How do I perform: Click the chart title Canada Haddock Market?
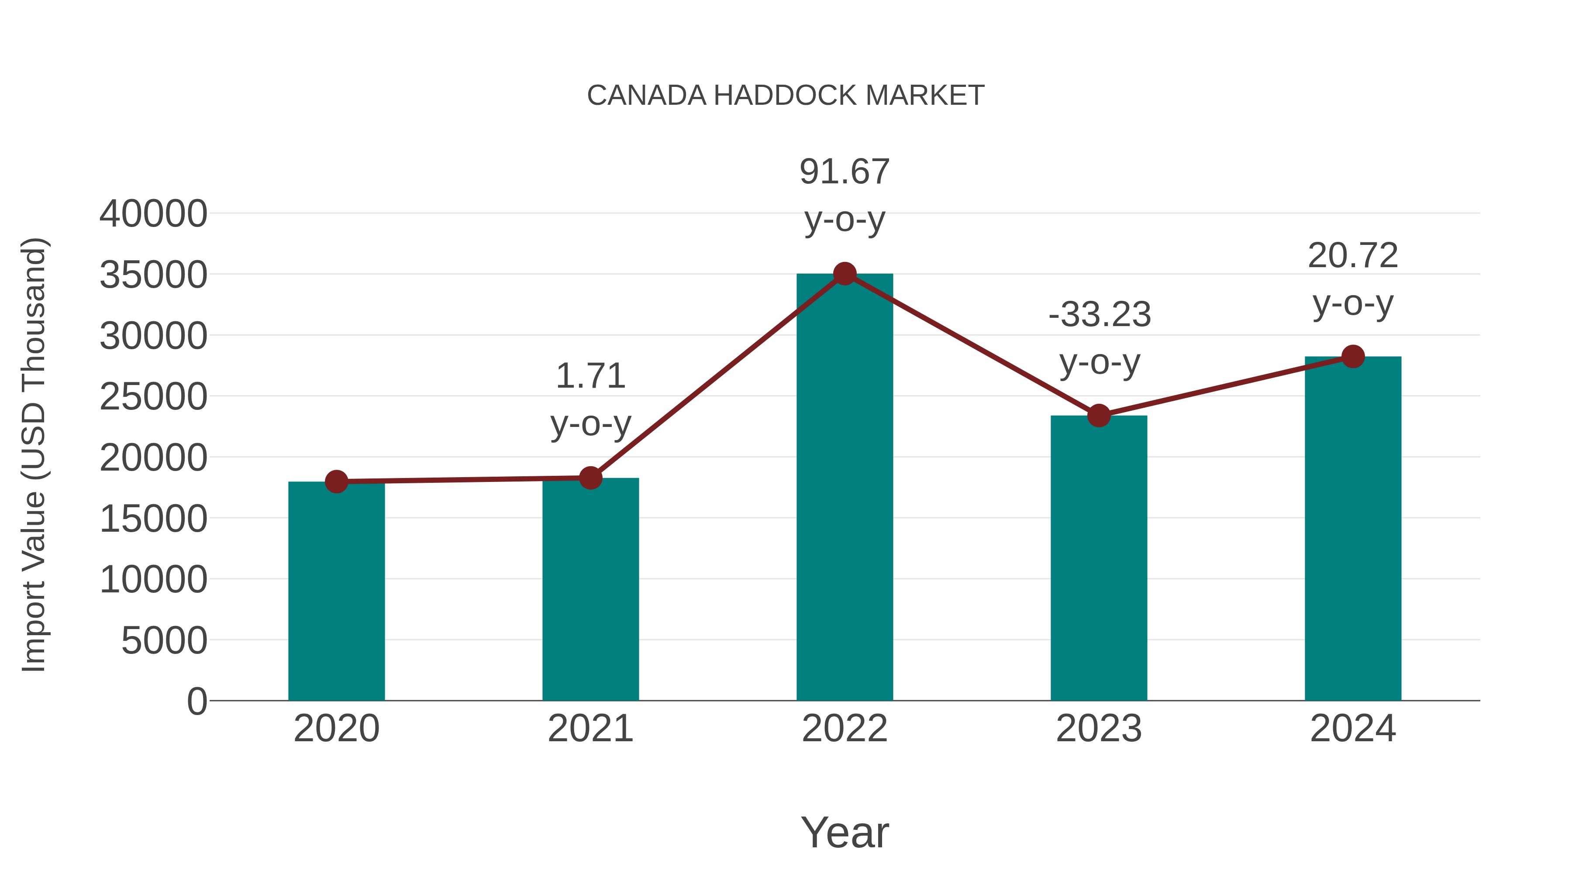coord(786,96)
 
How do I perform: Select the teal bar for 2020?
coord(336,592)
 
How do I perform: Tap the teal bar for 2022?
coord(845,488)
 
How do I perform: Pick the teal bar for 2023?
coord(1099,558)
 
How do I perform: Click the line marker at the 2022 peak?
coord(845,274)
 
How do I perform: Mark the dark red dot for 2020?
coord(336,482)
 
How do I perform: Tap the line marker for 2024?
coord(1353,356)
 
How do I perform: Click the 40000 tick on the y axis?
coord(153,214)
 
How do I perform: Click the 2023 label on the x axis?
coord(1099,729)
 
